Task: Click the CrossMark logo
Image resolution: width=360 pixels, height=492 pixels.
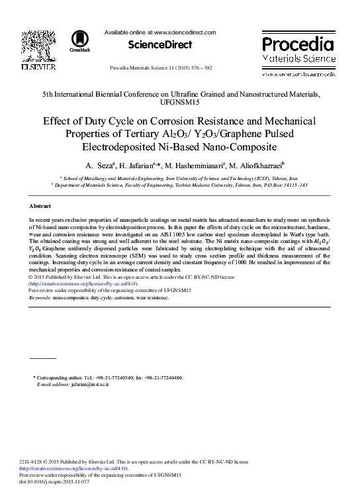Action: [80, 41]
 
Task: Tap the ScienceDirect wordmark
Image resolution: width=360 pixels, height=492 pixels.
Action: [161, 45]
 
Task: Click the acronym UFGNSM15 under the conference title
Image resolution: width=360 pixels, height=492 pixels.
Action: [179, 103]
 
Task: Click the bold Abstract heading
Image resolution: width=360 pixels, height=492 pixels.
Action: [40, 207]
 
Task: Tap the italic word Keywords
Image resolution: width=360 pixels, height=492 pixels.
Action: [40, 297]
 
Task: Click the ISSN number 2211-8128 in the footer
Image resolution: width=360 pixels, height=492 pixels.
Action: [33, 461]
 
